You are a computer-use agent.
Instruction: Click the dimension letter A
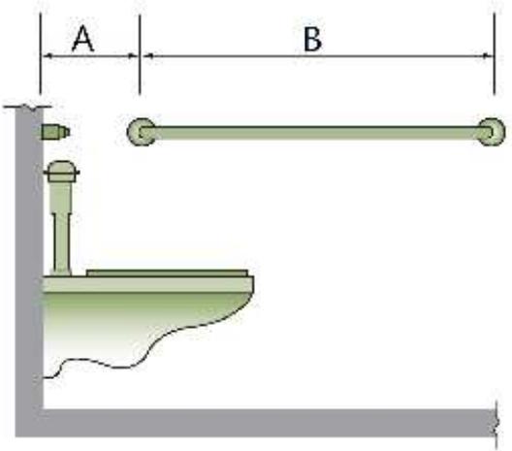pyautogui.click(x=83, y=39)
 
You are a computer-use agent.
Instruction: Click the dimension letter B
pyautogui.click(x=312, y=39)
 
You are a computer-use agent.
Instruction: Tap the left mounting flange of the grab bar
pyautogui.click(x=141, y=132)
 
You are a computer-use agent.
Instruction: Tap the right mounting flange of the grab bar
pyautogui.click(x=492, y=132)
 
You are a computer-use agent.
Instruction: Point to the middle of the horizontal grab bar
pyautogui.click(x=316, y=133)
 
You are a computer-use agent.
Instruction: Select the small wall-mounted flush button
pyautogui.click(x=55, y=132)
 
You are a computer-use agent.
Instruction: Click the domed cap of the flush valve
pyautogui.click(x=62, y=171)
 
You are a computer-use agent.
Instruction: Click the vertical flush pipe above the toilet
pyautogui.click(x=61, y=229)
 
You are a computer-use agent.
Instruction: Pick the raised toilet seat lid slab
pyautogui.click(x=167, y=273)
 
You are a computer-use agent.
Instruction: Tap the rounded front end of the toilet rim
pyautogui.click(x=250, y=285)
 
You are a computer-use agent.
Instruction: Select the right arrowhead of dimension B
pyautogui.click(x=488, y=56)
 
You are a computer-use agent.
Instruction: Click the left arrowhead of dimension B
pyautogui.click(x=148, y=56)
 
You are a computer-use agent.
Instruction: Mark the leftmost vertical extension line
pyautogui.click(x=41, y=53)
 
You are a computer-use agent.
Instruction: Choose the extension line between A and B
pyautogui.click(x=140, y=54)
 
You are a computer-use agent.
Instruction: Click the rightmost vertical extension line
pyautogui.click(x=495, y=54)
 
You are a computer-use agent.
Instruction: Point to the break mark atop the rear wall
pyautogui.click(x=27, y=107)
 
